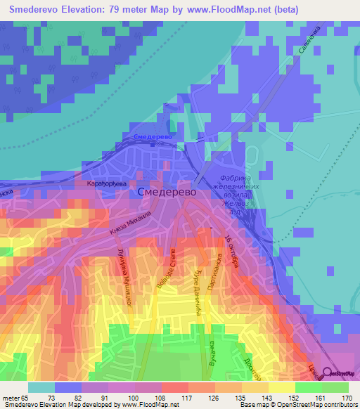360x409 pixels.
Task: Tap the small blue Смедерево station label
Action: tap(149, 136)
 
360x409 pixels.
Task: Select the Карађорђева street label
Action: tap(105, 183)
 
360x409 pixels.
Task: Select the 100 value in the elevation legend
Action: tap(141, 397)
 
